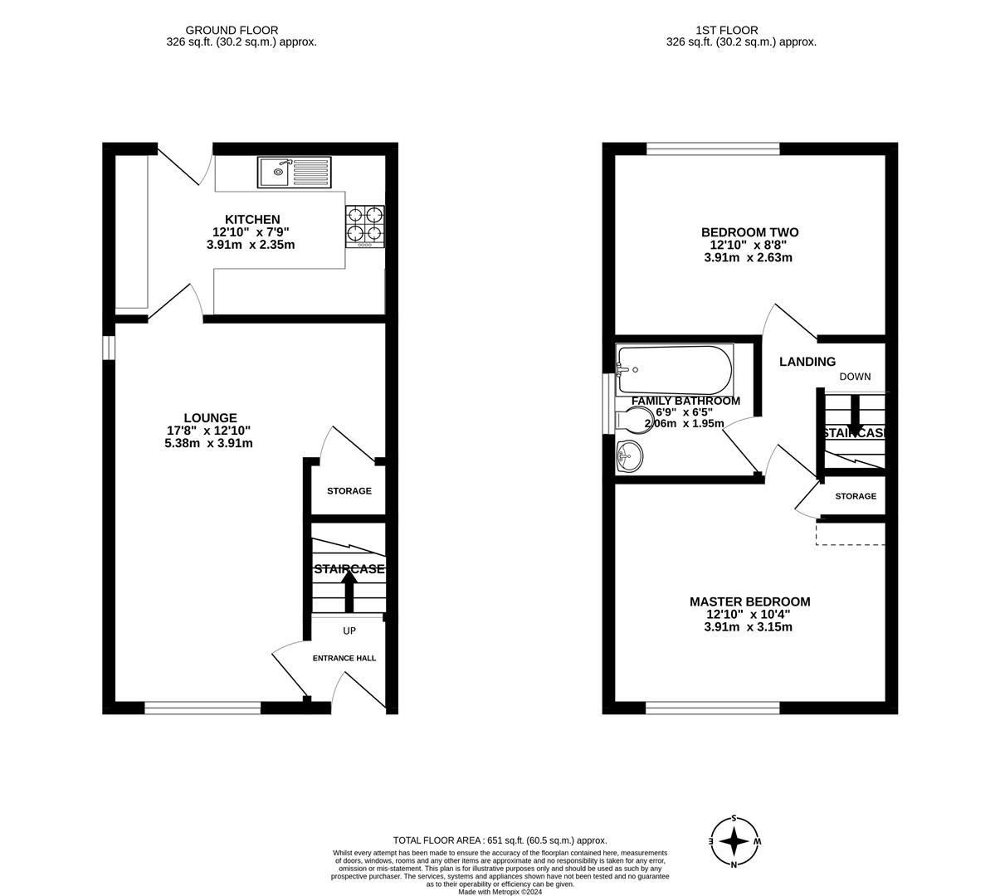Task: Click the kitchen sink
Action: (x=294, y=173)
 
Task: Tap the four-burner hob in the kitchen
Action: (x=365, y=226)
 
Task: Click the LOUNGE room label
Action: (x=210, y=418)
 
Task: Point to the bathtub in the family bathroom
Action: (x=674, y=370)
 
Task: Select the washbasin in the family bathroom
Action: (x=630, y=455)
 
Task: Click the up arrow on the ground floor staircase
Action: (x=349, y=591)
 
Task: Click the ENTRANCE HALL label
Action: (x=344, y=658)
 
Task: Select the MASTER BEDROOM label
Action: (x=749, y=601)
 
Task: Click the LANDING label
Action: (x=807, y=362)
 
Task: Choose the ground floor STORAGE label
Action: (x=349, y=491)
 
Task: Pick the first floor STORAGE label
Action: (x=855, y=496)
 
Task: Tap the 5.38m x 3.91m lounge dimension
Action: (x=208, y=443)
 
